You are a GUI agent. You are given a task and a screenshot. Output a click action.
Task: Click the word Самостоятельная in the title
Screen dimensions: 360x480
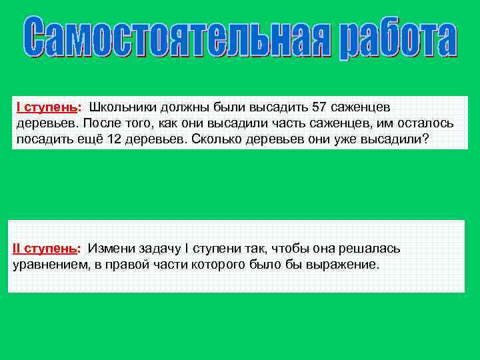[179, 39]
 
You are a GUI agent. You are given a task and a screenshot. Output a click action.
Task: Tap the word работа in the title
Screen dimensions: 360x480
[398, 40]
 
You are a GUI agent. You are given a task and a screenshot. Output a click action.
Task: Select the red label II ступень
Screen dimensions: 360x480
[44, 249]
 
